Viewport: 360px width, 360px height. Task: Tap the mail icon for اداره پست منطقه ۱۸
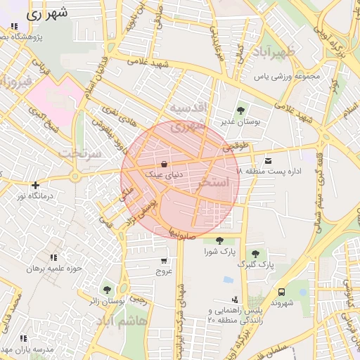[x=268, y=161]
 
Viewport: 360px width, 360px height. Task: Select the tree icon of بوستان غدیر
[x=241, y=110]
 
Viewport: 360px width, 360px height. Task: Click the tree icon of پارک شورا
[x=220, y=240]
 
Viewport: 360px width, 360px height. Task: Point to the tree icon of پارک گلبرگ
[x=255, y=254]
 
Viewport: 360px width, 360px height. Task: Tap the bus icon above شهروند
[x=281, y=292]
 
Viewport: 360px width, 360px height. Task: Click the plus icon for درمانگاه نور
[x=35, y=185]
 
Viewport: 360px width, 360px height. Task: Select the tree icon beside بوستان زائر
[x=107, y=289]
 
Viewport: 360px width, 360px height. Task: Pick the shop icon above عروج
[x=164, y=260]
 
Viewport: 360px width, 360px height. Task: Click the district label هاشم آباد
[x=122, y=321]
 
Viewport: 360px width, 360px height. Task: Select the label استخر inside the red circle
[x=214, y=182]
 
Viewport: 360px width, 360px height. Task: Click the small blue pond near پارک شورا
[x=228, y=279]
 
